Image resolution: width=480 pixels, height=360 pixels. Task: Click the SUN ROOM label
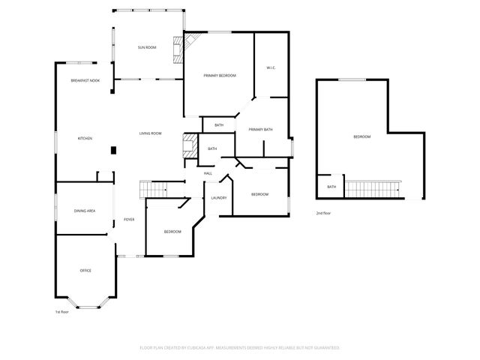tap(146, 47)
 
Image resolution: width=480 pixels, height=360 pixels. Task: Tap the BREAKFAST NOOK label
tap(85, 80)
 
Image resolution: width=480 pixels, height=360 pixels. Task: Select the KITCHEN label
tap(85, 138)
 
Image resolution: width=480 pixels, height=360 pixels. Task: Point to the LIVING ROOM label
tap(150, 133)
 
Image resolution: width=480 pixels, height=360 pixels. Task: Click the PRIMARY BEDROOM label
tap(220, 76)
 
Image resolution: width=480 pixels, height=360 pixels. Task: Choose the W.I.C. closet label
tap(271, 68)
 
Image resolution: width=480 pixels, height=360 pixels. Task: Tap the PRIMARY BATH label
tap(260, 130)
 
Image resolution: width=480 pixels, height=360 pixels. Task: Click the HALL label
tap(208, 173)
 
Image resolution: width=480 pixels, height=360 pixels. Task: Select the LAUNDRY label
tap(219, 197)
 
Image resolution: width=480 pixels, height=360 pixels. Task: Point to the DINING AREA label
tap(85, 211)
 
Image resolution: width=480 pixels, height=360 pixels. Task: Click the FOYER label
tap(129, 220)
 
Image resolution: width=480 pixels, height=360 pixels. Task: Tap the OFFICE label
tap(85, 270)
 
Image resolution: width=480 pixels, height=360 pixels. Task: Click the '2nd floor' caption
tap(324, 214)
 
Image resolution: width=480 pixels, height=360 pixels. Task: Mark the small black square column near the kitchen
tap(113, 150)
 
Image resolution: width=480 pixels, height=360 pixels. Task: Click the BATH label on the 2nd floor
tap(331, 187)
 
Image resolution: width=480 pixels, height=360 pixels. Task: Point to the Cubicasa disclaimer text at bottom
tap(240, 347)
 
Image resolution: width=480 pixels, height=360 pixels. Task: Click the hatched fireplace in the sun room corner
tap(178, 49)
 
